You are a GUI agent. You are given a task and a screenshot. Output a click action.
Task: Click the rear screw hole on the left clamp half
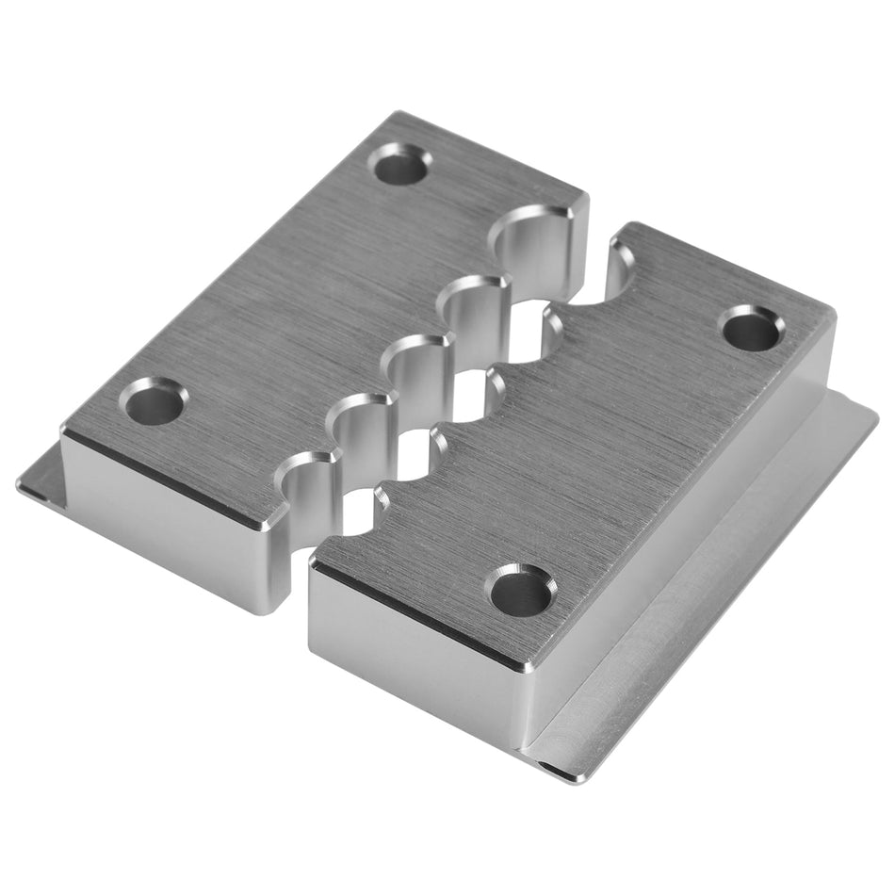click(399, 167)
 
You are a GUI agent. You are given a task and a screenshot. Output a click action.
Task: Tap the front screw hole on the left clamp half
click(154, 402)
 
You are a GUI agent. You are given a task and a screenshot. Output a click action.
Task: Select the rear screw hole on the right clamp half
click(751, 330)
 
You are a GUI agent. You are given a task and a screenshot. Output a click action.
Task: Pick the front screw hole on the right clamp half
click(519, 592)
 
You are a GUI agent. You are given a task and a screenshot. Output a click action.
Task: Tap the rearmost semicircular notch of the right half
click(622, 273)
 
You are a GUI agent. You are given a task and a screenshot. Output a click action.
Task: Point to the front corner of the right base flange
click(565, 773)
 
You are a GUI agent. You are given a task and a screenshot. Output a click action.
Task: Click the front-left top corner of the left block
click(66, 429)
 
